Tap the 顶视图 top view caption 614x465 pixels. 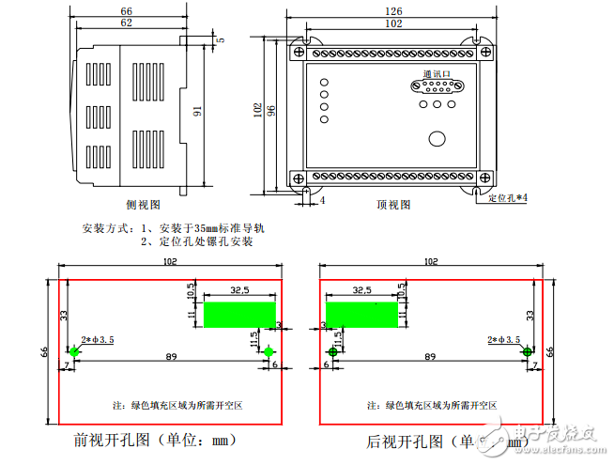click(394, 204)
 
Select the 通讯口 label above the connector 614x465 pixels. click(437, 72)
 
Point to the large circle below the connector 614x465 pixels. click(437, 139)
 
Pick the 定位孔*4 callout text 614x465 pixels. click(508, 199)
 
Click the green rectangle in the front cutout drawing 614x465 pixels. click(239, 315)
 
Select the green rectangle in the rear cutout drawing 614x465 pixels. click(361, 315)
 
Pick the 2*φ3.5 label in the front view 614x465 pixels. click(98, 339)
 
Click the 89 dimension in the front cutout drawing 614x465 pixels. click(171, 358)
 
